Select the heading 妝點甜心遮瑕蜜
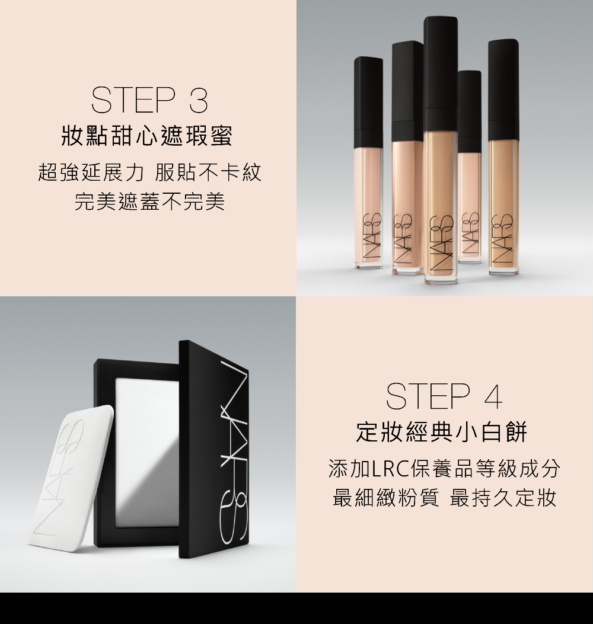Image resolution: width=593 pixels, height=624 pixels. pos(147,136)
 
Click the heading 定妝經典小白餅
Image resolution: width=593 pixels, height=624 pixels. pos(442,432)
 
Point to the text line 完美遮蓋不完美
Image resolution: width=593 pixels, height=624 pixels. pos(150,201)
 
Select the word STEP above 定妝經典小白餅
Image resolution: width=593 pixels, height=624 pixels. pos(428,396)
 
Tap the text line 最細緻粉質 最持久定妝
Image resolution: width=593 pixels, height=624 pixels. pos(444,498)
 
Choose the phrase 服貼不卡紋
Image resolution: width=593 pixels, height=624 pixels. pos(208,172)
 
